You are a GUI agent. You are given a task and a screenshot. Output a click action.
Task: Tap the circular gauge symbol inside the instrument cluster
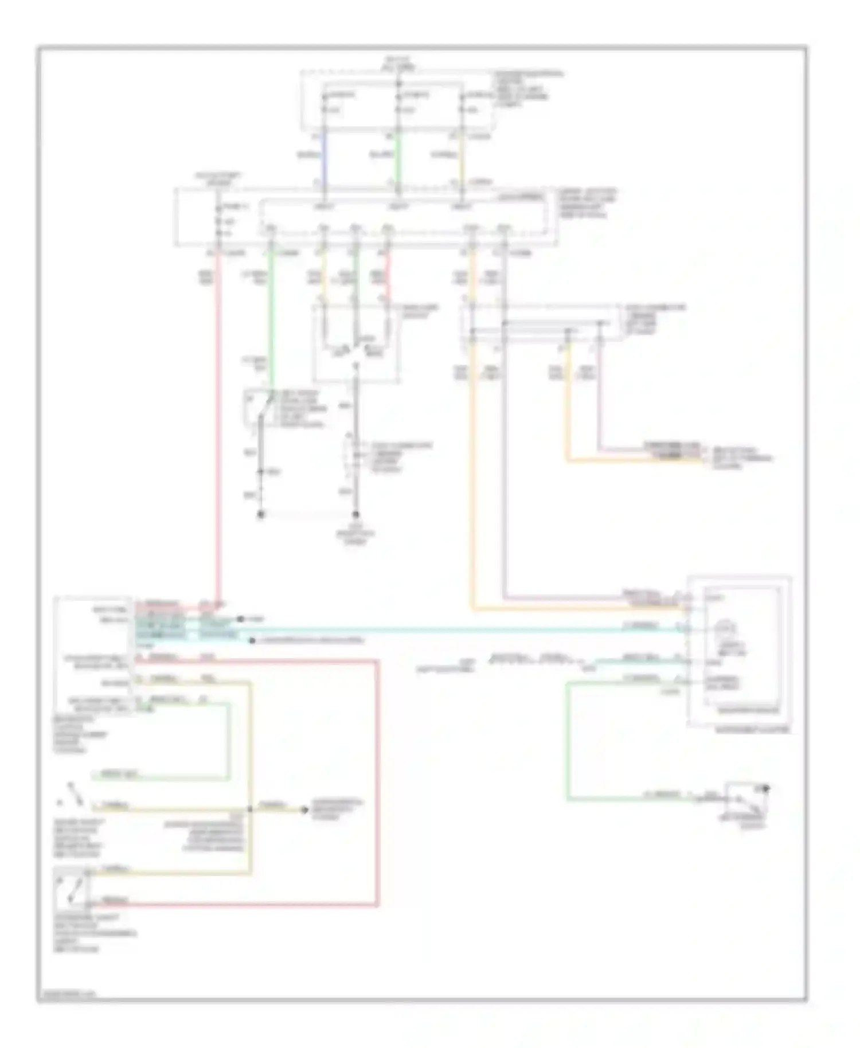coord(726,629)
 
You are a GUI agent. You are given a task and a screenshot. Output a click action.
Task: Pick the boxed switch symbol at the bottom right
coord(747,799)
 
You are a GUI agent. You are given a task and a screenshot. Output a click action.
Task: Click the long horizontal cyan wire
coord(459,630)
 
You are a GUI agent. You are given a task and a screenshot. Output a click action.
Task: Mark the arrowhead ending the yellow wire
coord(306,810)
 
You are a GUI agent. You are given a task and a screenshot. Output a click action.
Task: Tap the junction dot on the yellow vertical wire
coord(250,810)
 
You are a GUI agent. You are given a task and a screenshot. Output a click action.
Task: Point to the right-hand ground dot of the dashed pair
coord(355,514)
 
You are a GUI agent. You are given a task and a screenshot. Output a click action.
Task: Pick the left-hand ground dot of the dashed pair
coord(261,514)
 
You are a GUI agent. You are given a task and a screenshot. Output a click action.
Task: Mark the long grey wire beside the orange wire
coord(505,459)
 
